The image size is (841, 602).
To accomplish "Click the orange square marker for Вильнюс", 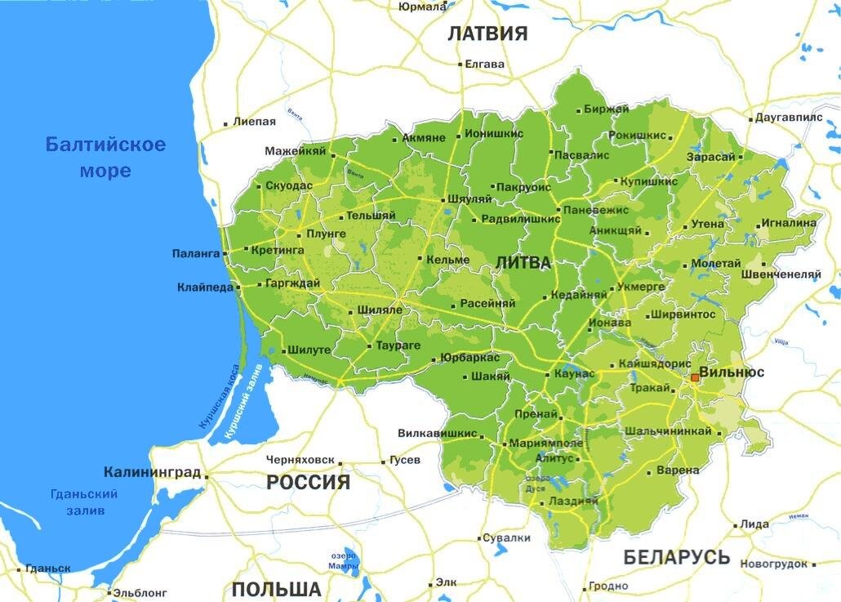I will (695, 377).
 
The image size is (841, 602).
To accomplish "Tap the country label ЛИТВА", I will (523, 263).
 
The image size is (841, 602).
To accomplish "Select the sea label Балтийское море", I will (105, 158).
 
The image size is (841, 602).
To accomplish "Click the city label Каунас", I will (574, 373).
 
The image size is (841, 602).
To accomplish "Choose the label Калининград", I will (152, 472).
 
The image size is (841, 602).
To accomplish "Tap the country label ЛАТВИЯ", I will (487, 33).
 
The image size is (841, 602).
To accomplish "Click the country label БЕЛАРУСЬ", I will (677, 557).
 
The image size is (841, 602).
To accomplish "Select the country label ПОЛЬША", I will (276, 590).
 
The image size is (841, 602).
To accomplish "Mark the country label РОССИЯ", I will (308, 482).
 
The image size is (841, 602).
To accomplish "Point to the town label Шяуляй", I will (470, 199).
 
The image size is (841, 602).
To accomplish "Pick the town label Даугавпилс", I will (789, 118).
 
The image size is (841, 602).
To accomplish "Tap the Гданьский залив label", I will (84, 502).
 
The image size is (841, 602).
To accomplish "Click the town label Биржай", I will (606, 109).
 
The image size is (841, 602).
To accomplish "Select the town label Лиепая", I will (254, 122).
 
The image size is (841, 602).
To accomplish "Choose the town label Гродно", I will (609, 586).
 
